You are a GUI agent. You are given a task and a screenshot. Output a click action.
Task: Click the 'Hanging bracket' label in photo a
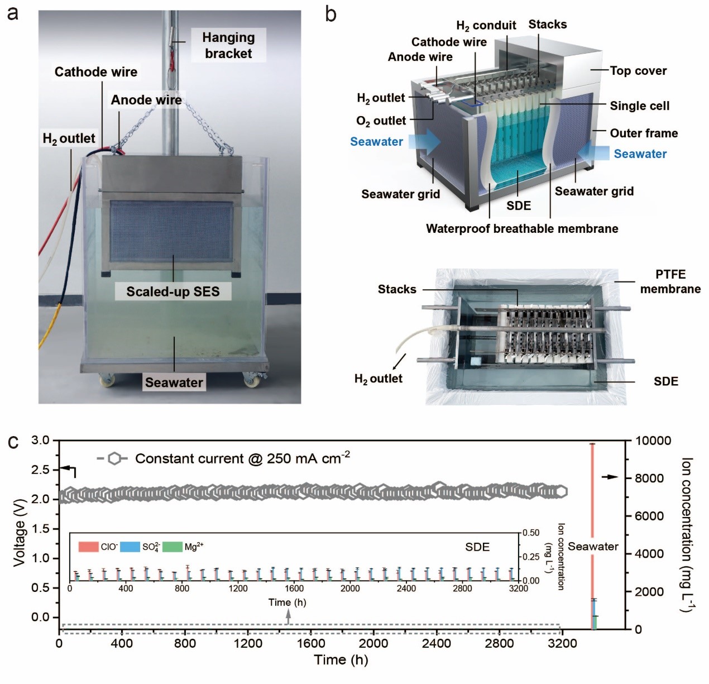click(x=228, y=45)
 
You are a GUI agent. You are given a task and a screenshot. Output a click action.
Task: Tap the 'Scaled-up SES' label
click(x=173, y=291)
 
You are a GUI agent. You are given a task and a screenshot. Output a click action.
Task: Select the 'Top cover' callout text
click(x=638, y=71)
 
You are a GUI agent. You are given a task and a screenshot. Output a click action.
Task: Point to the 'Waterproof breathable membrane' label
click(x=522, y=229)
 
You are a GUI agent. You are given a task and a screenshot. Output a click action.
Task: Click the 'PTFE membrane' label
click(x=670, y=281)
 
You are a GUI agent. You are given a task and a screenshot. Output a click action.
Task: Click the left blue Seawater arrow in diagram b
click(x=424, y=141)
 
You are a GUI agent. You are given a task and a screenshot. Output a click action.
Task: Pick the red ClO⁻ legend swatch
click(x=88, y=547)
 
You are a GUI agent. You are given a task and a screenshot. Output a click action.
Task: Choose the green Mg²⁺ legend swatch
click(x=173, y=547)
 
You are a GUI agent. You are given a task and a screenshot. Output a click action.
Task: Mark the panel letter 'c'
click(x=13, y=442)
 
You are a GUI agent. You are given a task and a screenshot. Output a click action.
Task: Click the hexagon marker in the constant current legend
click(x=114, y=459)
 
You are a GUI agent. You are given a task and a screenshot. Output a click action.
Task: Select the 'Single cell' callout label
click(x=639, y=106)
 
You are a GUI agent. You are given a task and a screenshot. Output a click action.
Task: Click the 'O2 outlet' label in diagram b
click(x=381, y=121)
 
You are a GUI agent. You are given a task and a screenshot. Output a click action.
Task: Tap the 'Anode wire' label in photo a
click(x=146, y=100)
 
